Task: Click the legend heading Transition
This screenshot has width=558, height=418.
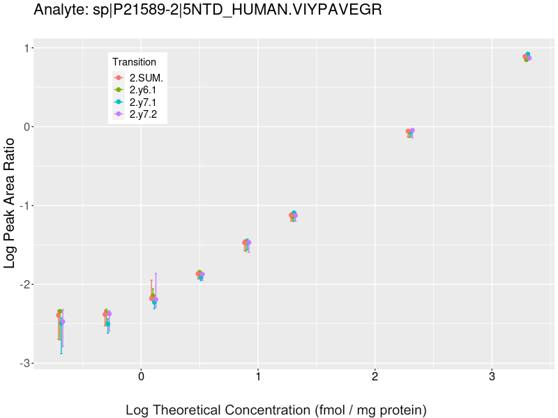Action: (x=134, y=62)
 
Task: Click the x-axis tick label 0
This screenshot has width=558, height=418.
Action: (x=141, y=377)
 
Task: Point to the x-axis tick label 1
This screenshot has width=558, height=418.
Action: (x=258, y=377)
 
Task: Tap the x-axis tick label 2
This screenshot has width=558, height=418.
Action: (x=375, y=377)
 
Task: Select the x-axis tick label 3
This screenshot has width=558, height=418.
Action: (x=492, y=377)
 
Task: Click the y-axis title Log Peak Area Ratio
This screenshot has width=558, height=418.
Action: (x=10, y=203)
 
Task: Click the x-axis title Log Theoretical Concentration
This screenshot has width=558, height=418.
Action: (x=276, y=410)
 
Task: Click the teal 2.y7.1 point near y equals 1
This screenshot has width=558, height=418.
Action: (x=528, y=54)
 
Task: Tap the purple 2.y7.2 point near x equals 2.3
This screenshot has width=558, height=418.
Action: (x=412, y=130)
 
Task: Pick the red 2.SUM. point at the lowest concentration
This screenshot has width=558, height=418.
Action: (x=59, y=315)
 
